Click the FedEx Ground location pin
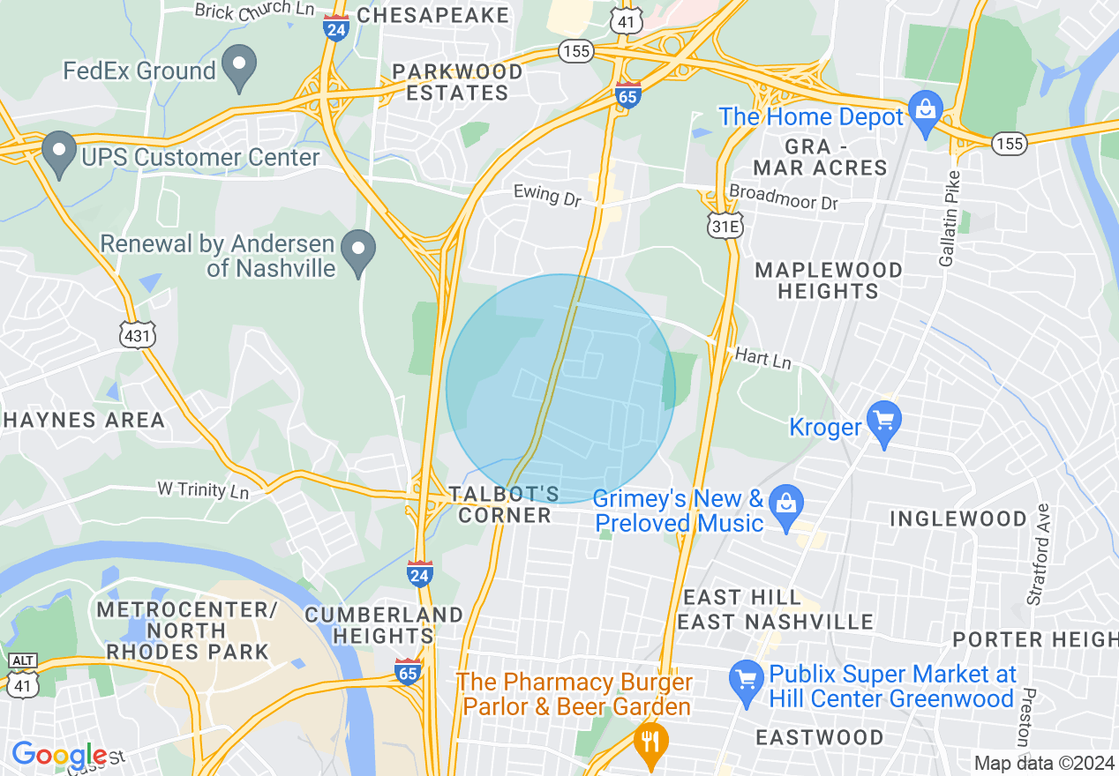(x=238, y=67)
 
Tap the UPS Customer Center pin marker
(x=59, y=153)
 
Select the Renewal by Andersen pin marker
(x=358, y=251)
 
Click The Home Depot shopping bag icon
(x=925, y=112)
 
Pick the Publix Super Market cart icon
(x=747, y=682)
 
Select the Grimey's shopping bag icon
(x=785, y=506)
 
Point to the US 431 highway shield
(x=139, y=334)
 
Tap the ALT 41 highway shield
(x=22, y=675)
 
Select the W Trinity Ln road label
(x=202, y=489)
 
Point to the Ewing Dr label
(x=548, y=195)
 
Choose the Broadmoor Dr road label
(x=783, y=197)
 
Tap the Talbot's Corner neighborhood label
(x=504, y=504)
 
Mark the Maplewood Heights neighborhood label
(x=828, y=280)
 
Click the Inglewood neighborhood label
(x=958, y=519)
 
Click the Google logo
(x=59, y=756)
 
